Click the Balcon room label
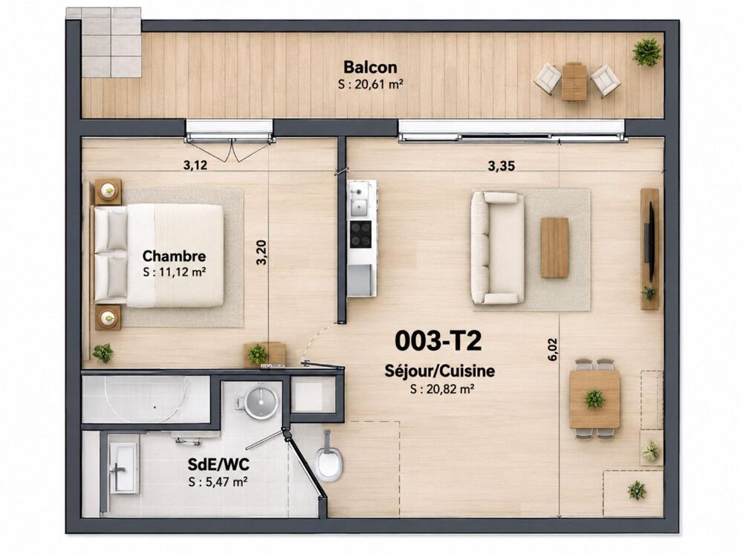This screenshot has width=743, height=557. [x=370, y=68]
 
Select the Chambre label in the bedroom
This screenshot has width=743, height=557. [x=174, y=256]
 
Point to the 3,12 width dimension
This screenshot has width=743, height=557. [x=195, y=166]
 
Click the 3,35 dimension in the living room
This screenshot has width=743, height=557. [x=502, y=166]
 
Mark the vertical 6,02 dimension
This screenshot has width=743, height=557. [x=552, y=350]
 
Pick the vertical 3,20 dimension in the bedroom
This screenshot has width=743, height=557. [x=262, y=253]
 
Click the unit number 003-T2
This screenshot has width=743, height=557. [x=438, y=341]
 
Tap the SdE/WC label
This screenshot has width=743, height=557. [x=218, y=465]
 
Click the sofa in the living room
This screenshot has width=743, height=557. [x=497, y=247]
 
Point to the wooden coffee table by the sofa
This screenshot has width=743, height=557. [x=554, y=247]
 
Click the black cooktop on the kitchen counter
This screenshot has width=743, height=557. [x=360, y=235]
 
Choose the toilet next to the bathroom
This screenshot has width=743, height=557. [x=329, y=457]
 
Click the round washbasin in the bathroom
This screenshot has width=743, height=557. [x=261, y=402]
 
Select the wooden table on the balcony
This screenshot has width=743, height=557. [x=574, y=81]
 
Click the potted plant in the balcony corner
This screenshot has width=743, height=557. [x=647, y=52]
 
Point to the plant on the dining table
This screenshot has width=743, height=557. [x=594, y=399]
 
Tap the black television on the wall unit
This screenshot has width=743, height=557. [x=652, y=241]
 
